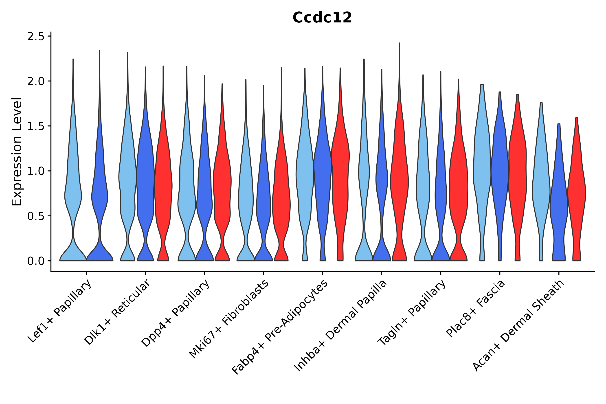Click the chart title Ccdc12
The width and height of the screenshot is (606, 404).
pyautogui.click(x=322, y=18)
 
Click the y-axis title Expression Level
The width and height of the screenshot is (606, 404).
pyautogui.click(x=17, y=151)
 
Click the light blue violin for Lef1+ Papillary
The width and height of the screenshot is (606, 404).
pyautogui.click(x=73, y=196)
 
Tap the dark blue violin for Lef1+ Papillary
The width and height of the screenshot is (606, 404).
pyautogui.click(x=99, y=196)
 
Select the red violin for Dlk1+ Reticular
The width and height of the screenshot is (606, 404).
pyautogui.click(x=163, y=186)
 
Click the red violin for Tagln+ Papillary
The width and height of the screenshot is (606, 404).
pyautogui.click(x=458, y=186)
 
